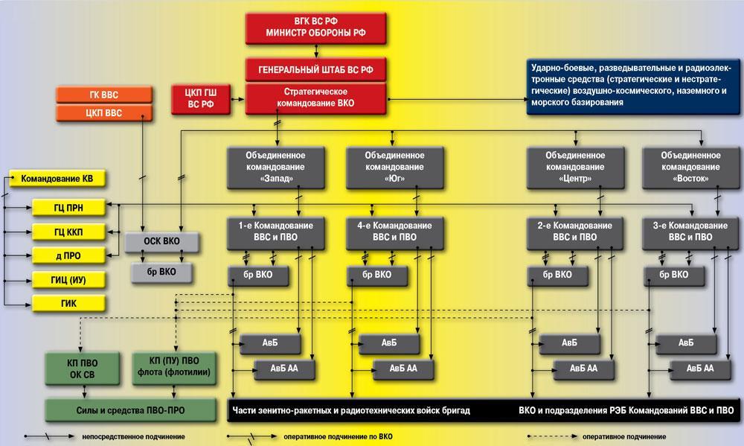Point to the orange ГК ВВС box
point(103,95)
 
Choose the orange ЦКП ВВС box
point(103,113)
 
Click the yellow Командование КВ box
point(58,179)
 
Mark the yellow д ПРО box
point(68,255)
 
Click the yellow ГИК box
point(68,303)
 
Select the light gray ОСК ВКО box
point(161,241)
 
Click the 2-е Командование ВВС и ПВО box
point(574,231)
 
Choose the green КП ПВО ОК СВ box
point(82,367)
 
